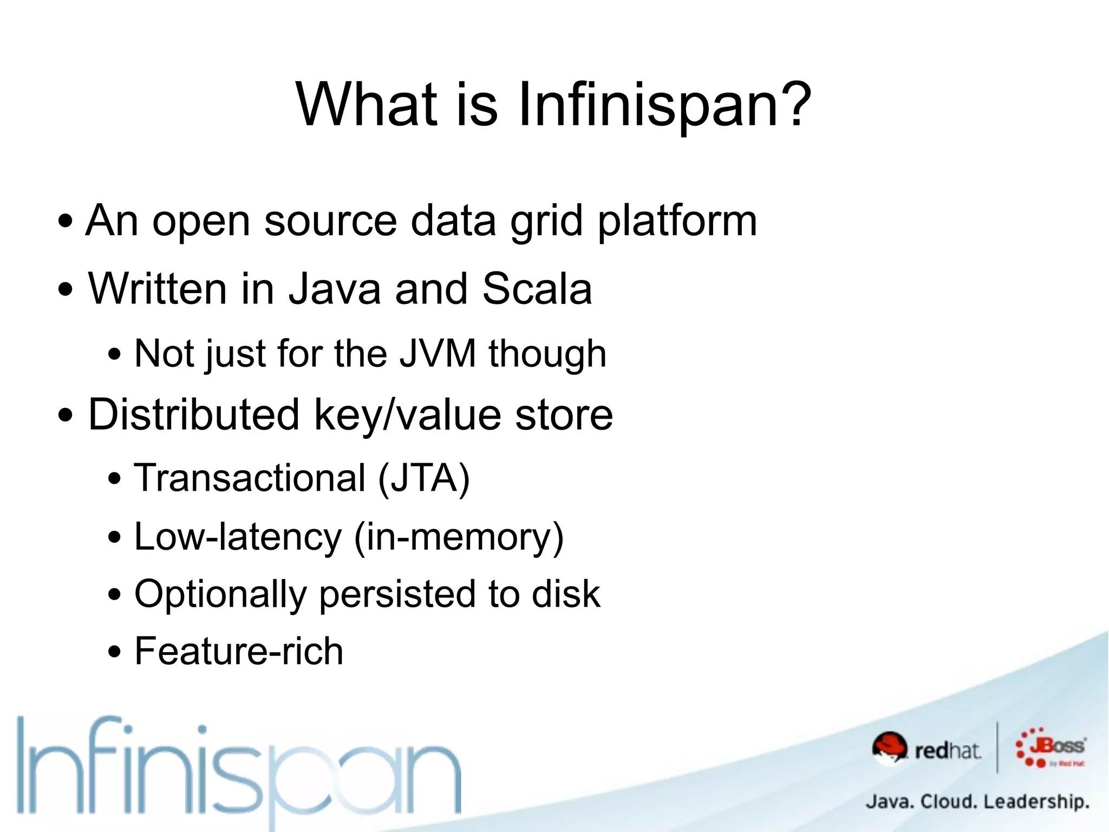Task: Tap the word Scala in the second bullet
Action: [x=537, y=289]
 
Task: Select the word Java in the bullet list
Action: [x=335, y=289]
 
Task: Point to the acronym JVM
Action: [x=438, y=354]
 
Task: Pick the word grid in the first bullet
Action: [x=547, y=222]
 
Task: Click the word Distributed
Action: [x=194, y=414]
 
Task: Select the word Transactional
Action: [x=250, y=478]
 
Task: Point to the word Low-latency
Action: [x=238, y=537]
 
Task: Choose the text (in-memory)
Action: [x=459, y=537]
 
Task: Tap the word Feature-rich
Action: [x=239, y=651]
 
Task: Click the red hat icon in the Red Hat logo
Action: [x=889, y=747]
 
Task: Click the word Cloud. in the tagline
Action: [x=948, y=801]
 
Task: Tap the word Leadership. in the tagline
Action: [x=1036, y=801]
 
